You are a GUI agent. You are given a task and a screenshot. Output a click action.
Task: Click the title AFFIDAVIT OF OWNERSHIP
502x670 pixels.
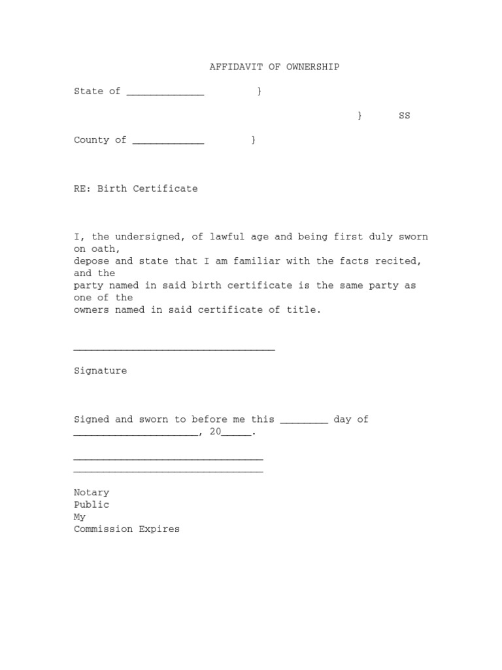274,67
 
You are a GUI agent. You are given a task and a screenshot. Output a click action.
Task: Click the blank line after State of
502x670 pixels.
165,92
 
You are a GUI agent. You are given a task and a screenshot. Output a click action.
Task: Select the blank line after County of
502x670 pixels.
168,141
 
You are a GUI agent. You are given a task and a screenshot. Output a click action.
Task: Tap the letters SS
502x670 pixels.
405,116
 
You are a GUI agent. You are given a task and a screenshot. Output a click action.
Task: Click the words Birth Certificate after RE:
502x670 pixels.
147,188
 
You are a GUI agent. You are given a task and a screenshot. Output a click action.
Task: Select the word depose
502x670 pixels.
92,261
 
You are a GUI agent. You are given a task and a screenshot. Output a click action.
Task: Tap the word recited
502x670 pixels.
395,261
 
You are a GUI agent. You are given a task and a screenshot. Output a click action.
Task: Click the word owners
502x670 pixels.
92,309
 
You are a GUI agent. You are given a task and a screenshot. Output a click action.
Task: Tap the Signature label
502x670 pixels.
100,370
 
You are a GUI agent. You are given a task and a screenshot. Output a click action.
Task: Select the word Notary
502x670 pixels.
92,492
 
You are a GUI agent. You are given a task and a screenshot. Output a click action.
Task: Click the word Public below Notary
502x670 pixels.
92,504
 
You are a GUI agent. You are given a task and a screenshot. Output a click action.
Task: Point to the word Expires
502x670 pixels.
159,529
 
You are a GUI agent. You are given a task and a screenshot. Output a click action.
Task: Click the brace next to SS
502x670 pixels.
360,116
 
